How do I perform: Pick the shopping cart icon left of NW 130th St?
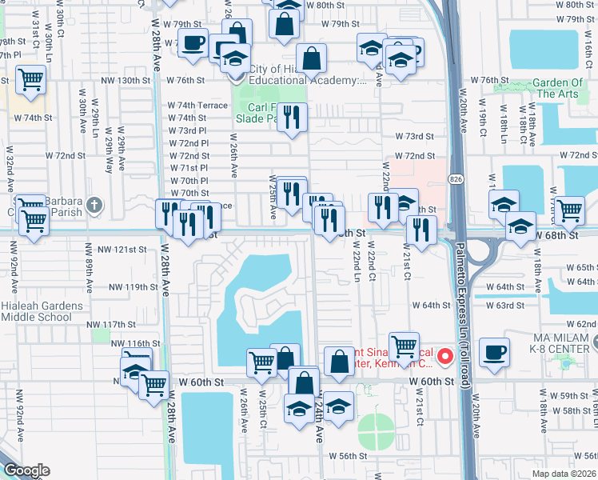(x=30, y=80)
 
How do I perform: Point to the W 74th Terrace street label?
(x=197, y=106)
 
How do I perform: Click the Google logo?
(x=26, y=470)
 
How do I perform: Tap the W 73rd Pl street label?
(x=189, y=130)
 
